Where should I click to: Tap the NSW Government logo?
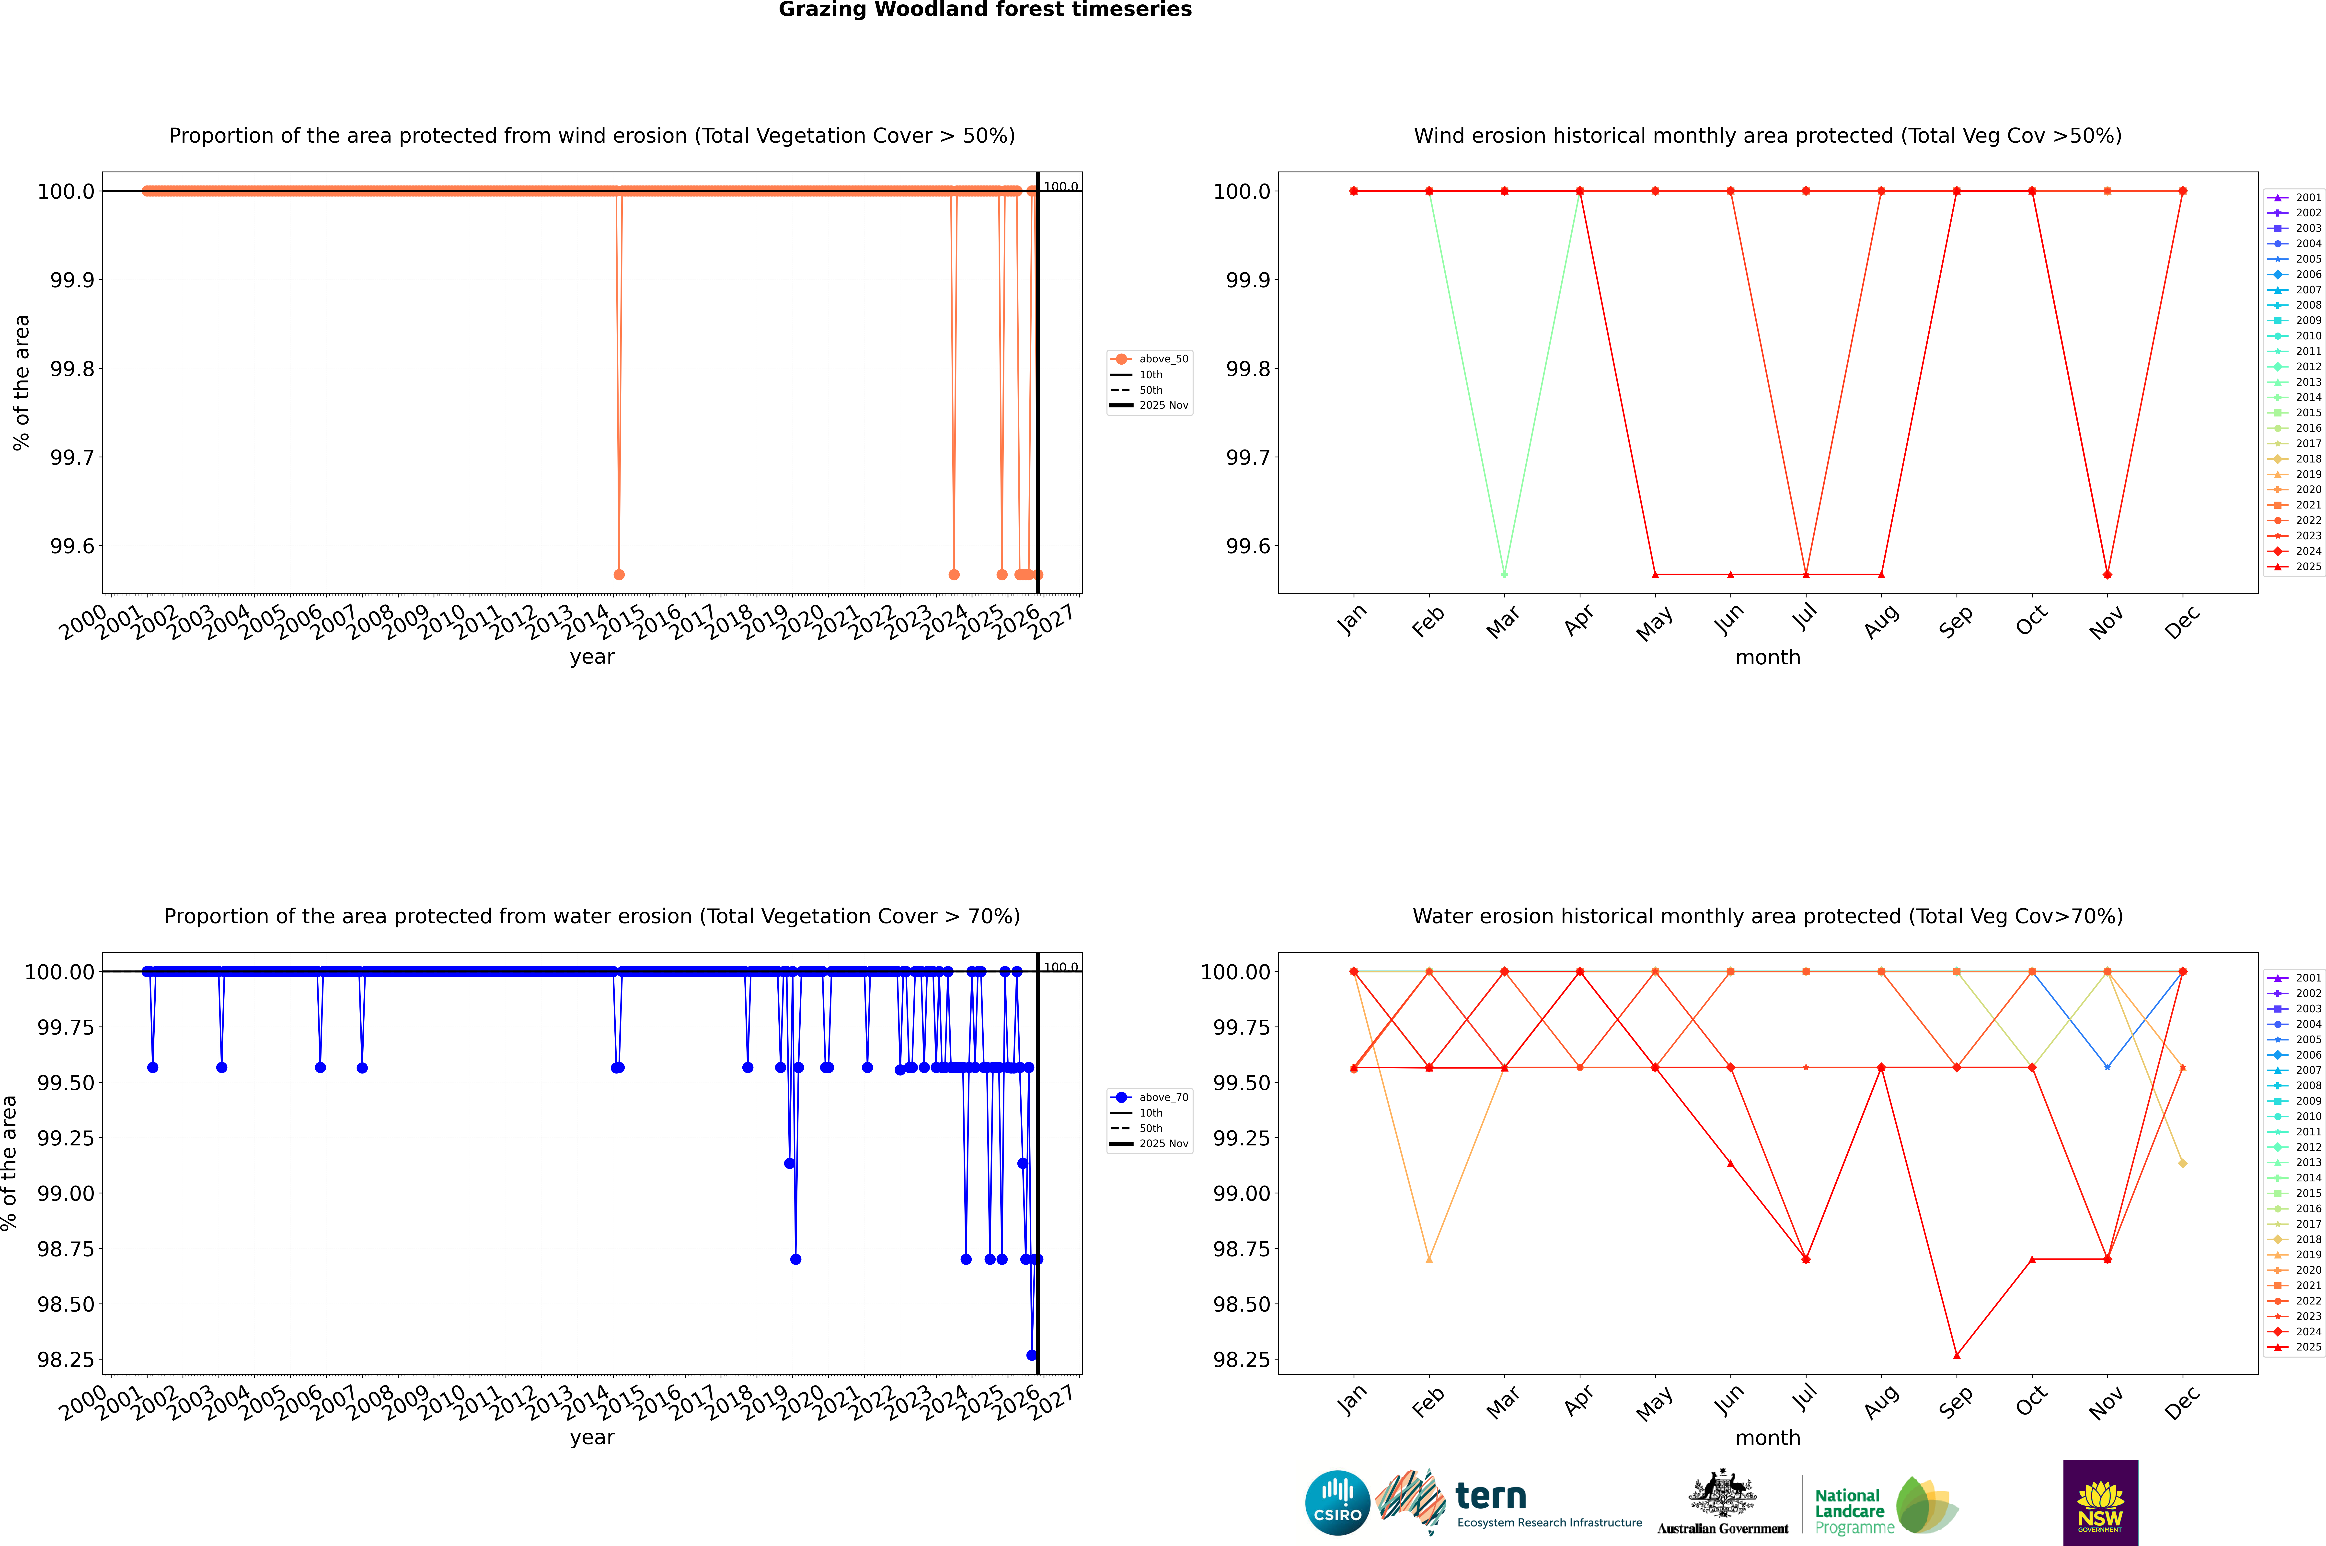click(2100, 1503)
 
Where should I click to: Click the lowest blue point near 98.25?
click(1031, 1355)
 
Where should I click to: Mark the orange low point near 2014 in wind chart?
click(619, 575)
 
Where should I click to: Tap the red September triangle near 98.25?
click(1957, 1355)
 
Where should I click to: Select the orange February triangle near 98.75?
click(1430, 1259)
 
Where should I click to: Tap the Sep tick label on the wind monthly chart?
click(1956, 621)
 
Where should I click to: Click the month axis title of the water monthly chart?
click(1768, 1438)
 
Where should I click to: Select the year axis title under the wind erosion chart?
click(592, 657)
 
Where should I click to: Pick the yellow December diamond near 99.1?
click(2183, 1164)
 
